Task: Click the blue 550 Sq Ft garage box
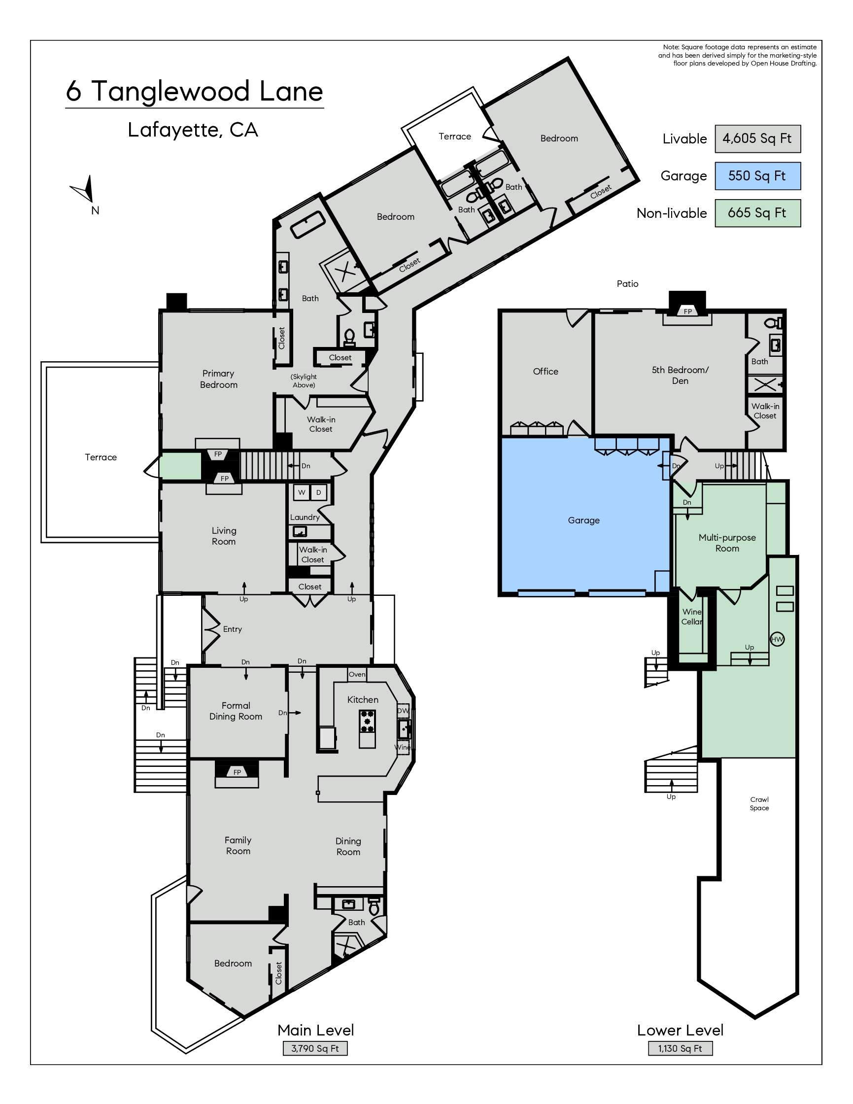[757, 176]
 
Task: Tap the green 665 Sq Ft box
[757, 213]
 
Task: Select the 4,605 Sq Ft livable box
[757, 138]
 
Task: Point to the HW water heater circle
[777, 639]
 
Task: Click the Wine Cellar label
[692, 617]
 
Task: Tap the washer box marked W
[302, 492]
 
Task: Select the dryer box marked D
[318, 492]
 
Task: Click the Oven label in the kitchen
[357, 674]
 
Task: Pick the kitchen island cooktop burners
[368, 721]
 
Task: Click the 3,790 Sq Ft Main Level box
[315, 1048]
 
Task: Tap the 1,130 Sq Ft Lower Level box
[680, 1048]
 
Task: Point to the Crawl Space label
[759, 803]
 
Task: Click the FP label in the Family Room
[237, 772]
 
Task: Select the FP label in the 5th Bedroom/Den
[687, 311]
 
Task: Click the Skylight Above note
[304, 380]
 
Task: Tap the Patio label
[628, 283]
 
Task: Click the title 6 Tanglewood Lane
[195, 92]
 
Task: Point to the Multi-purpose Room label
[727, 543]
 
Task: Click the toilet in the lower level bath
[773, 322]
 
